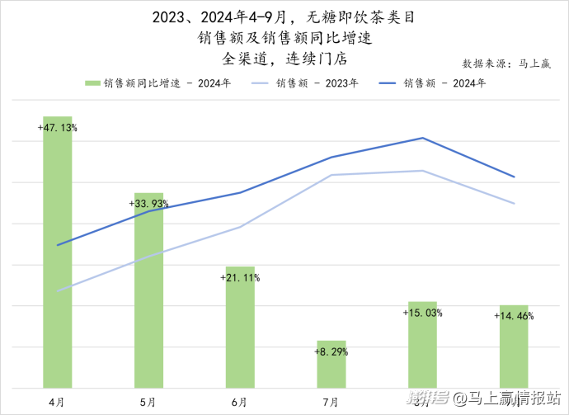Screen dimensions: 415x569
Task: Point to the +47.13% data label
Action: point(58,128)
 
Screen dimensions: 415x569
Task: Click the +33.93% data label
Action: point(149,204)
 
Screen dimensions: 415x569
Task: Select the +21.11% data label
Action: point(240,278)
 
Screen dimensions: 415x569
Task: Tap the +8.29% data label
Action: point(331,351)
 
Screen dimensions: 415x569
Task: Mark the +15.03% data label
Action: point(422,313)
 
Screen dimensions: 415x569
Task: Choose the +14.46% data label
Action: point(514,316)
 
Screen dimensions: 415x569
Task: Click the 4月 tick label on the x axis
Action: point(57,401)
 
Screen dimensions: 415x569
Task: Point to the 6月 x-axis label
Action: point(239,401)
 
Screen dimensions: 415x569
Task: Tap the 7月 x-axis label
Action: point(331,401)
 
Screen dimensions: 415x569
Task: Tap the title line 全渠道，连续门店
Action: point(284,59)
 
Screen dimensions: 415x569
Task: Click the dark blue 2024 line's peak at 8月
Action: point(422,138)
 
